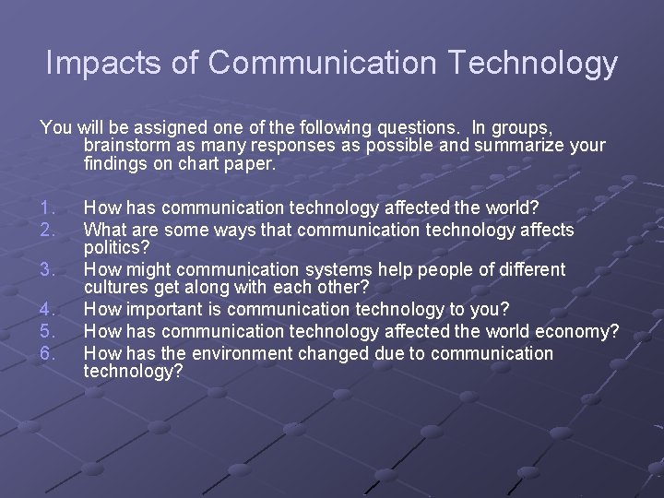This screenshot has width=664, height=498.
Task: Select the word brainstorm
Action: click(x=126, y=146)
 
